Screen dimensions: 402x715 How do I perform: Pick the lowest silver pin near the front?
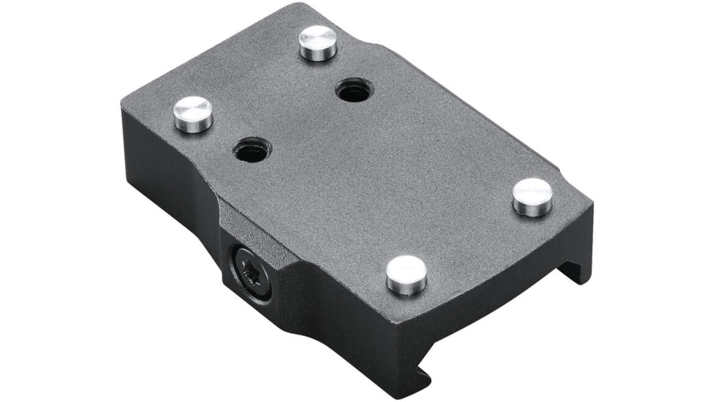(406, 274)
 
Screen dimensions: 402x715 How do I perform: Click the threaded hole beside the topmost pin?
(355, 91)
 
